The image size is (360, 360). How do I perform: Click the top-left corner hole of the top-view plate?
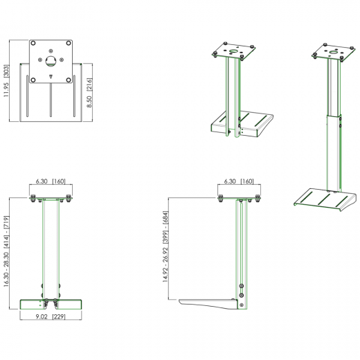pos(35,44)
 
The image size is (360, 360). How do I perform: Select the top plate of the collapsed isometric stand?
pos(234,52)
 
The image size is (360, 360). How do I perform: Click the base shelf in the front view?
pos(53,304)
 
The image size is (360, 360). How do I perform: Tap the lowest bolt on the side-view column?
pos(242,303)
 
